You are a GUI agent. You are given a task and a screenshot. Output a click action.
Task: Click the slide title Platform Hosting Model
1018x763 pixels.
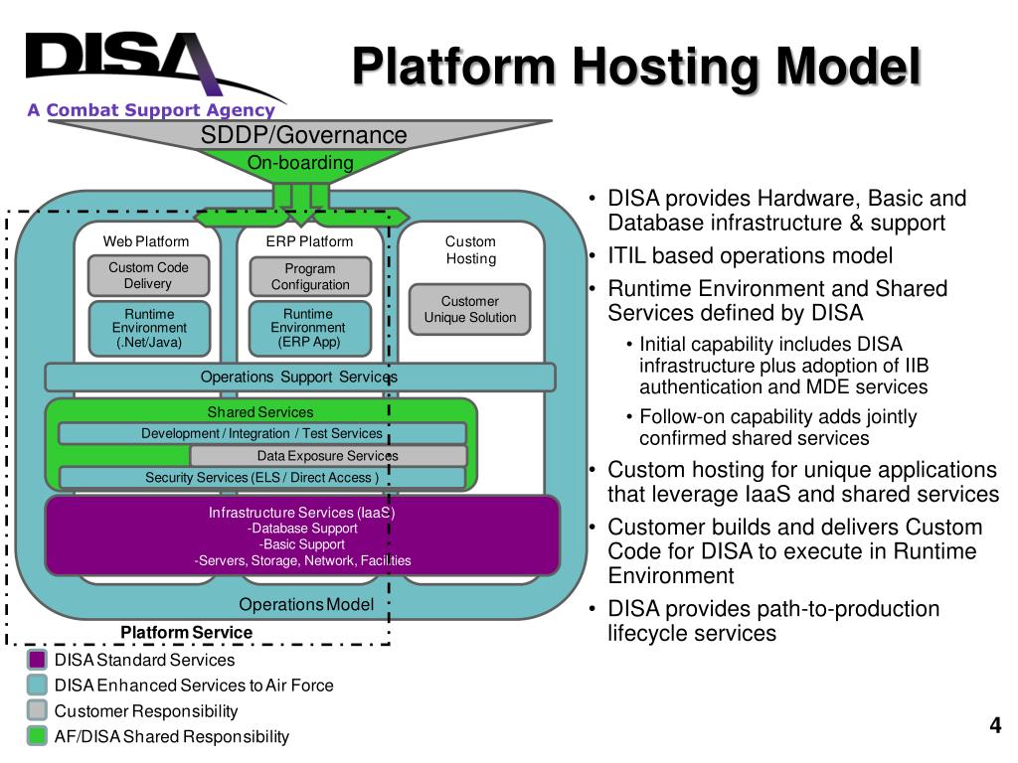[636, 67]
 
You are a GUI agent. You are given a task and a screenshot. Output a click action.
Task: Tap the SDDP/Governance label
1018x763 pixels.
[303, 135]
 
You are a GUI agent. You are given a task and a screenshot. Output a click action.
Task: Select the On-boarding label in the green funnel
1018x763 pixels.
[300, 162]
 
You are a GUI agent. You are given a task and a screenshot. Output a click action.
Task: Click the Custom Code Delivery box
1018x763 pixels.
[149, 276]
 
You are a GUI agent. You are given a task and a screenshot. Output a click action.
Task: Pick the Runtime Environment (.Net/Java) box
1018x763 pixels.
[149, 328]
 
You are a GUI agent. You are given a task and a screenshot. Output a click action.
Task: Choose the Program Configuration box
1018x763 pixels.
[310, 276]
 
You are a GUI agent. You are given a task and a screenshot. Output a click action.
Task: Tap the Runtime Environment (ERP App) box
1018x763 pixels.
[310, 328]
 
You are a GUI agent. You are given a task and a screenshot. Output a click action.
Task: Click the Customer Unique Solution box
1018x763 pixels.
[469, 310]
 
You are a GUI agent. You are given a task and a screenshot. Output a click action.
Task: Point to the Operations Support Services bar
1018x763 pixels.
[300, 377]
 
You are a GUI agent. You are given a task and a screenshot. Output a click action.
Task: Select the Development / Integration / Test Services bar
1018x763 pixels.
[262, 433]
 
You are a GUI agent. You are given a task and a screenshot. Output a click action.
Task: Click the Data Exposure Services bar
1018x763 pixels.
[328, 455]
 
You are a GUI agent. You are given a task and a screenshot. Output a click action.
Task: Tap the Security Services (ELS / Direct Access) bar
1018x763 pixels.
[262, 478]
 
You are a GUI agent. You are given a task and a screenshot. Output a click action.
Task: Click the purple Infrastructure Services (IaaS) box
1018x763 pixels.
[302, 535]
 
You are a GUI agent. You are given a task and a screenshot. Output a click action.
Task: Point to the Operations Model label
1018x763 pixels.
[306, 605]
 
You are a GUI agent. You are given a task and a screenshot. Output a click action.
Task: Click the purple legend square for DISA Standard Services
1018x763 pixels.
[37, 660]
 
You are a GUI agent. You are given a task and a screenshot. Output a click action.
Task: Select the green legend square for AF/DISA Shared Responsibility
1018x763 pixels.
[37, 736]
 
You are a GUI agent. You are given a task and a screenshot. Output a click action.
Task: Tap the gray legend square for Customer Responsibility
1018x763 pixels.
[37, 710]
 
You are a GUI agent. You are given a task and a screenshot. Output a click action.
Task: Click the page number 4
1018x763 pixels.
[994, 724]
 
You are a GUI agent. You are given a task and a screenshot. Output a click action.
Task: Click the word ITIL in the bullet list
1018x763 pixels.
[626, 255]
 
